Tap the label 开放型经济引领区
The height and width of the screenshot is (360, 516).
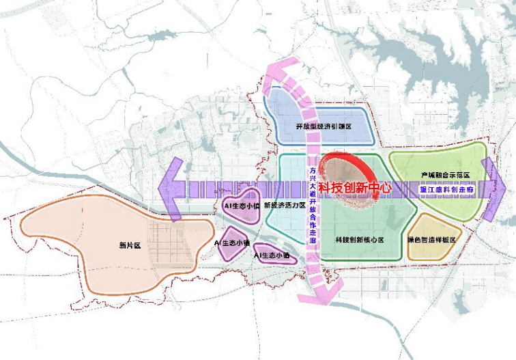[323, 128]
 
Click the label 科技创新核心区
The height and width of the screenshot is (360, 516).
[360, 240]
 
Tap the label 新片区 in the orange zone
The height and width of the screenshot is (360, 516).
[128, 245]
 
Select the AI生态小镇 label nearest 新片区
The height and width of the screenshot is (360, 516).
[232, 243]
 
